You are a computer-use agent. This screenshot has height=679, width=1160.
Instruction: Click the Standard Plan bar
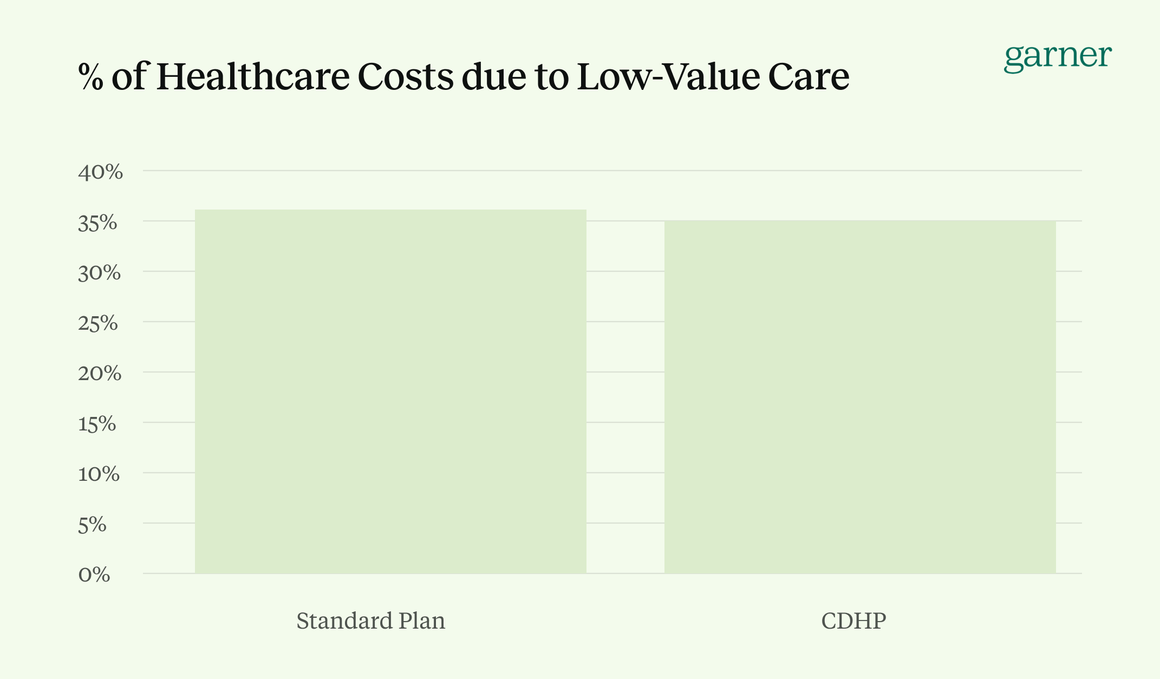[390, 391]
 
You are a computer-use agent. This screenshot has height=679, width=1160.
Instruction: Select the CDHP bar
[860, 396]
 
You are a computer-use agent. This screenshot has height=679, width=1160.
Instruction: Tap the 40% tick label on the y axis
[101, 172]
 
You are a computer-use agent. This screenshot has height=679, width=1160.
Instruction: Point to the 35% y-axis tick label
[98, 223]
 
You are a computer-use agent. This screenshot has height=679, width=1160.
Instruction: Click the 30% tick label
[100, 273]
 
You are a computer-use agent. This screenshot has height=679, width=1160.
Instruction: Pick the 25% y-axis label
[98, 323]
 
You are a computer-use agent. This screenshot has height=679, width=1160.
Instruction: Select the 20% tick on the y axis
[100, 374]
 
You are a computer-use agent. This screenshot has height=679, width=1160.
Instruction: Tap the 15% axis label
[97, 424]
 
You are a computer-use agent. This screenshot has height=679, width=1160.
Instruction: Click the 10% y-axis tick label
[99, 474]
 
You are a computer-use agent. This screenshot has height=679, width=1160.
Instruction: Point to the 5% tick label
[93, 525]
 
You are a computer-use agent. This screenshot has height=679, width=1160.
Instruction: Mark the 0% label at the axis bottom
[94, 574]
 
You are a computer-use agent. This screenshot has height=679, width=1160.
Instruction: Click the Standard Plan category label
[371, 621]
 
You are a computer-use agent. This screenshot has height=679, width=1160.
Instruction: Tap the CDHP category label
[853, 621]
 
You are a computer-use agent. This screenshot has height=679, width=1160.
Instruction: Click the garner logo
[1058, 57]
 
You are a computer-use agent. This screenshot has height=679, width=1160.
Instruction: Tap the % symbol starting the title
[90, 77]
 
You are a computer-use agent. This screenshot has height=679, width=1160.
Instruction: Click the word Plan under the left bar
[422, 621]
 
